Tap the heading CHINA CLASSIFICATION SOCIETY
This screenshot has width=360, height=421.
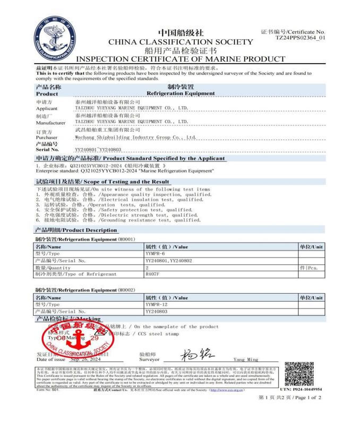point(181,41)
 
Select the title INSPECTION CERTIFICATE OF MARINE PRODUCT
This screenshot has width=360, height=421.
point(181,59)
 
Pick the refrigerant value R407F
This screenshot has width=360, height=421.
point(152,274)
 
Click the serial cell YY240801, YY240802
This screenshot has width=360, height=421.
point(168,261)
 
